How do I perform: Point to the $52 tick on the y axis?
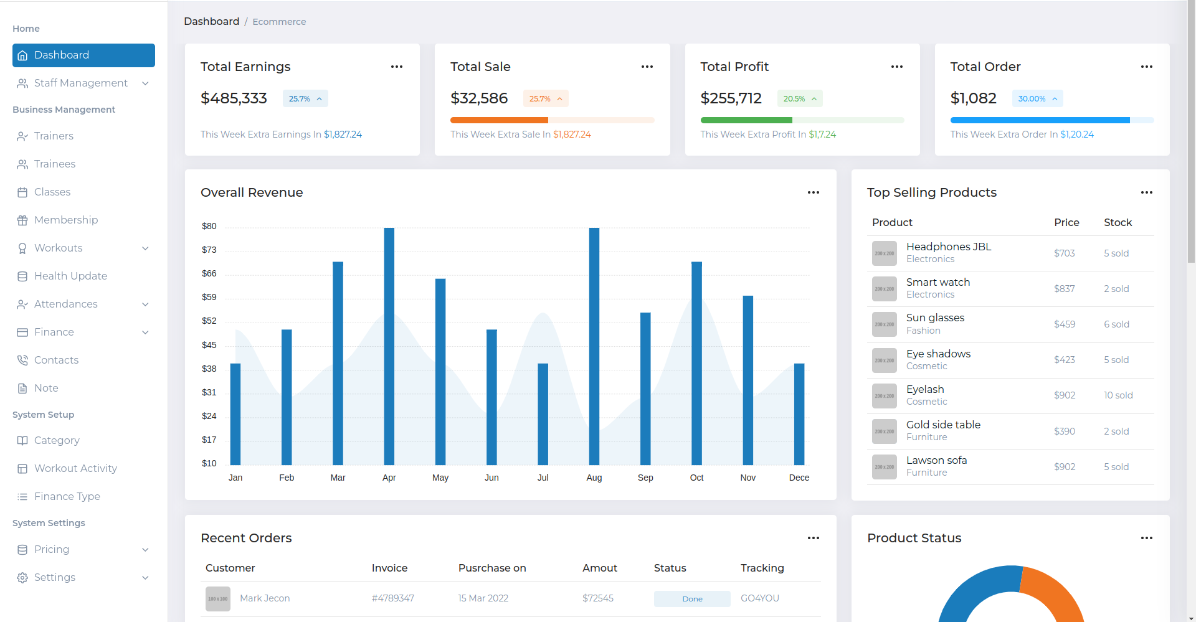pyautogui.click(x=209, y=321)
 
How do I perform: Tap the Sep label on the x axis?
pyautogui.click(x=645, y=478)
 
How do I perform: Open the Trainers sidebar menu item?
pyautogui.click(x=54, y=136)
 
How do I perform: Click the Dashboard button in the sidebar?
pyautogui.click(x=83, y=55)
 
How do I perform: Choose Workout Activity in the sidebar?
pyautogui.click(x=75, y=468)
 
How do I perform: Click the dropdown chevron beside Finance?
pyautogui.click(x=145, y=332)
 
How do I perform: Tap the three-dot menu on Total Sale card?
pyautogui.click(x=647, y=67)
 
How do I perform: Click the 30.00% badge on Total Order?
pyautogui.click(x=1037, y=98)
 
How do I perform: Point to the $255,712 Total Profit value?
pyautogui.click(x=731, y=98)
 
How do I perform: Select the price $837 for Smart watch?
pyautogui.click(x=1064, y=289)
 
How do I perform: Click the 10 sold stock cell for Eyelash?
pyautogui.click(x=1118, y=395)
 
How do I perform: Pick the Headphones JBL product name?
pyautogui.click(x=948, y=247)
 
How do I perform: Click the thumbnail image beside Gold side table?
pyautogui.click(x=884, y=431)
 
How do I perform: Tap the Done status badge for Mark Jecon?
pyautogui.click(x=692, y=598)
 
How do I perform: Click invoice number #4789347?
pyautogui.click(x=392, y=598)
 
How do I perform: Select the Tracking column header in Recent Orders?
pyautogui.click(x=762, y=568)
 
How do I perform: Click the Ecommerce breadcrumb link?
pyautogui.click(x=279, y=22)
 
